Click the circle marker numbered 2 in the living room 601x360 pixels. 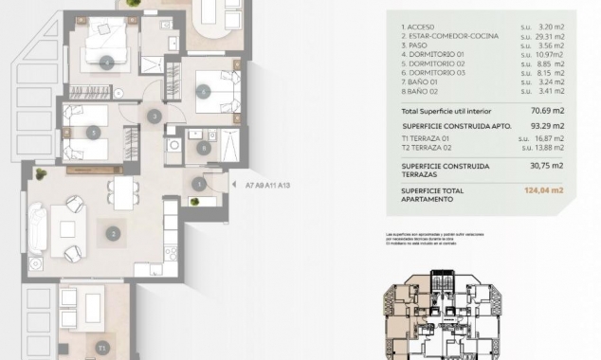point(113,233)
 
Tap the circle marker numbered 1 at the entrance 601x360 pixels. point(199,184)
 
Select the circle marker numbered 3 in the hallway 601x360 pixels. point(155,117)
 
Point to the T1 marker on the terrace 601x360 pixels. point(101,348)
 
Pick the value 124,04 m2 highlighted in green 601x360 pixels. point(543,190)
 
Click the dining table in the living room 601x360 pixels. point(124,194)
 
